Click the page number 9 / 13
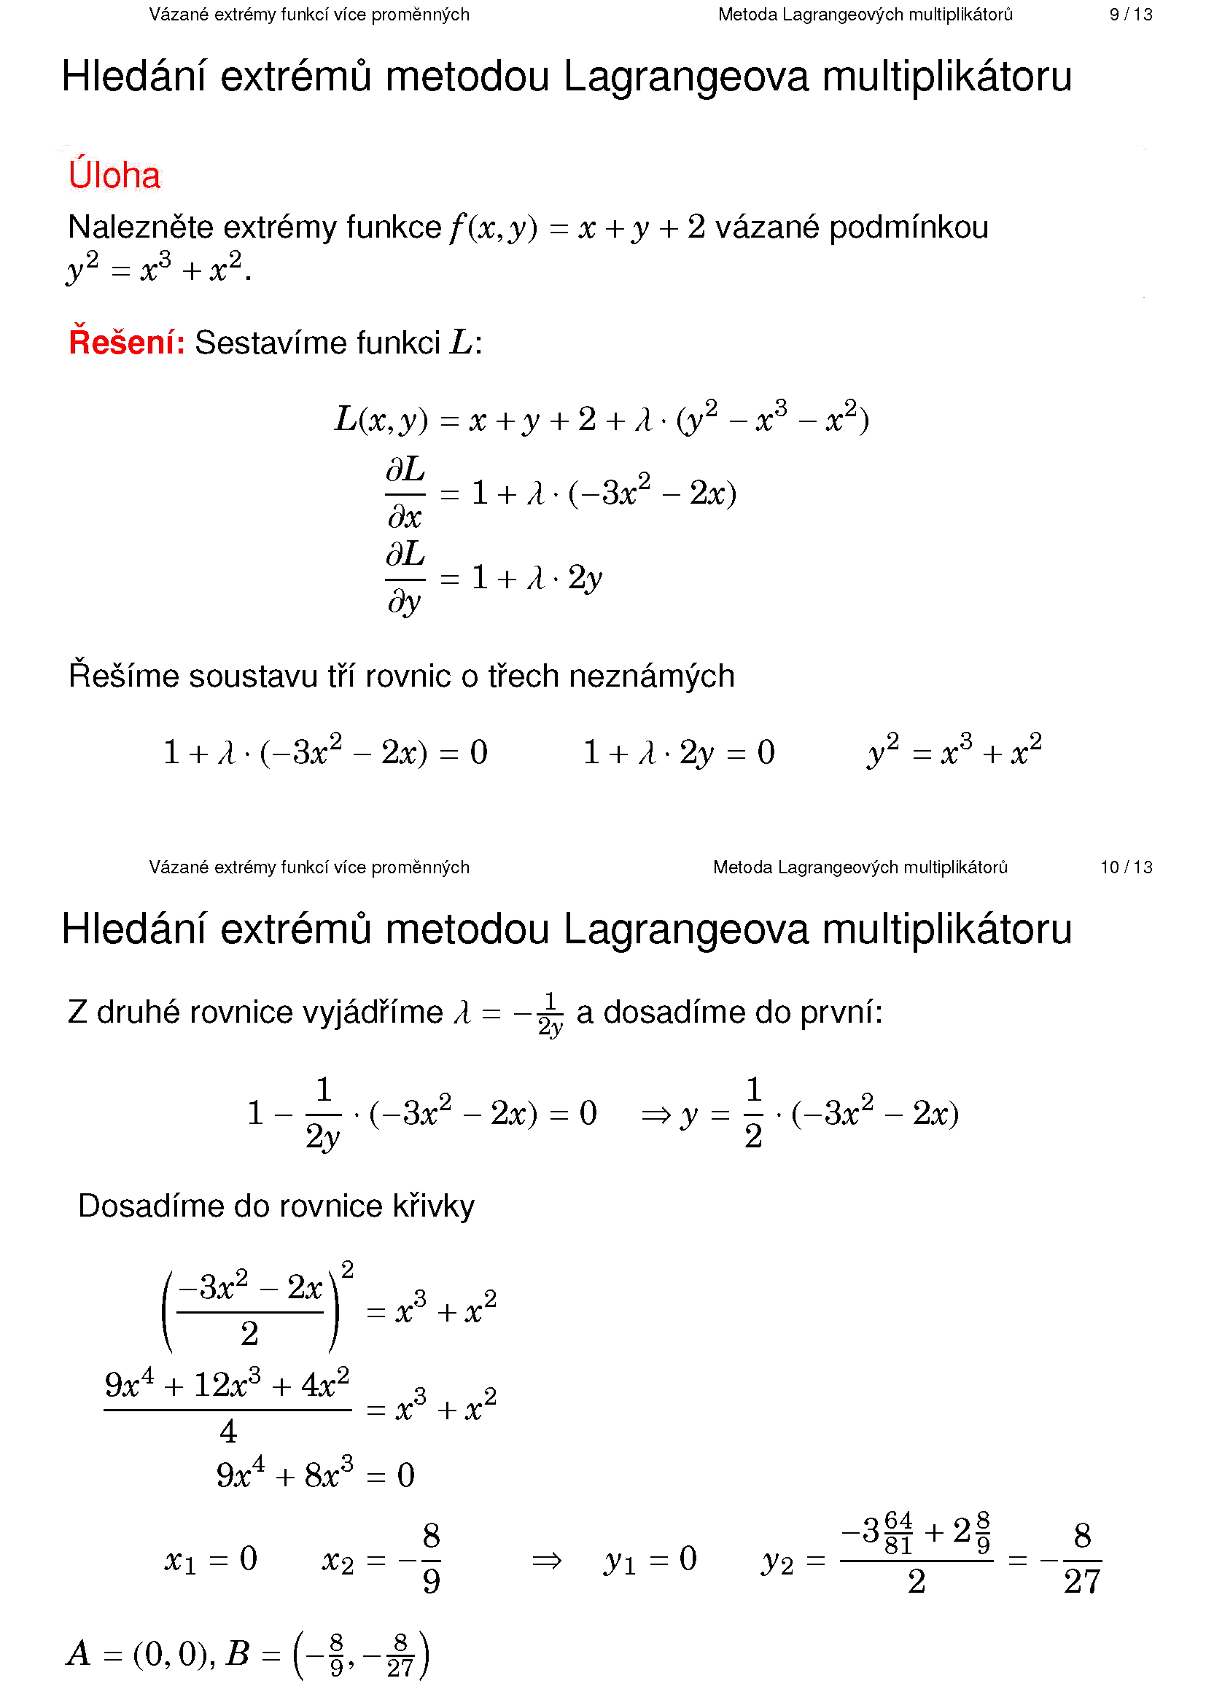pos(1129,15)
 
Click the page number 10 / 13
pos(1126,867)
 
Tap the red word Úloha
pos(114,176)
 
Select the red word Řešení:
pos(126,343)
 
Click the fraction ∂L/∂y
pos(405,578)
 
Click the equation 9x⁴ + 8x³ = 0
pos(315,1474)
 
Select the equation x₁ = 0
pos(211,1559)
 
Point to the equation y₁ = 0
pos(650,1559)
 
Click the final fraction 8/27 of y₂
pos(1081,1559)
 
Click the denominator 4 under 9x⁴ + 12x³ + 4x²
pos(228,1431)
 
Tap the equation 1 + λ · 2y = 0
pos(679,753)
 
